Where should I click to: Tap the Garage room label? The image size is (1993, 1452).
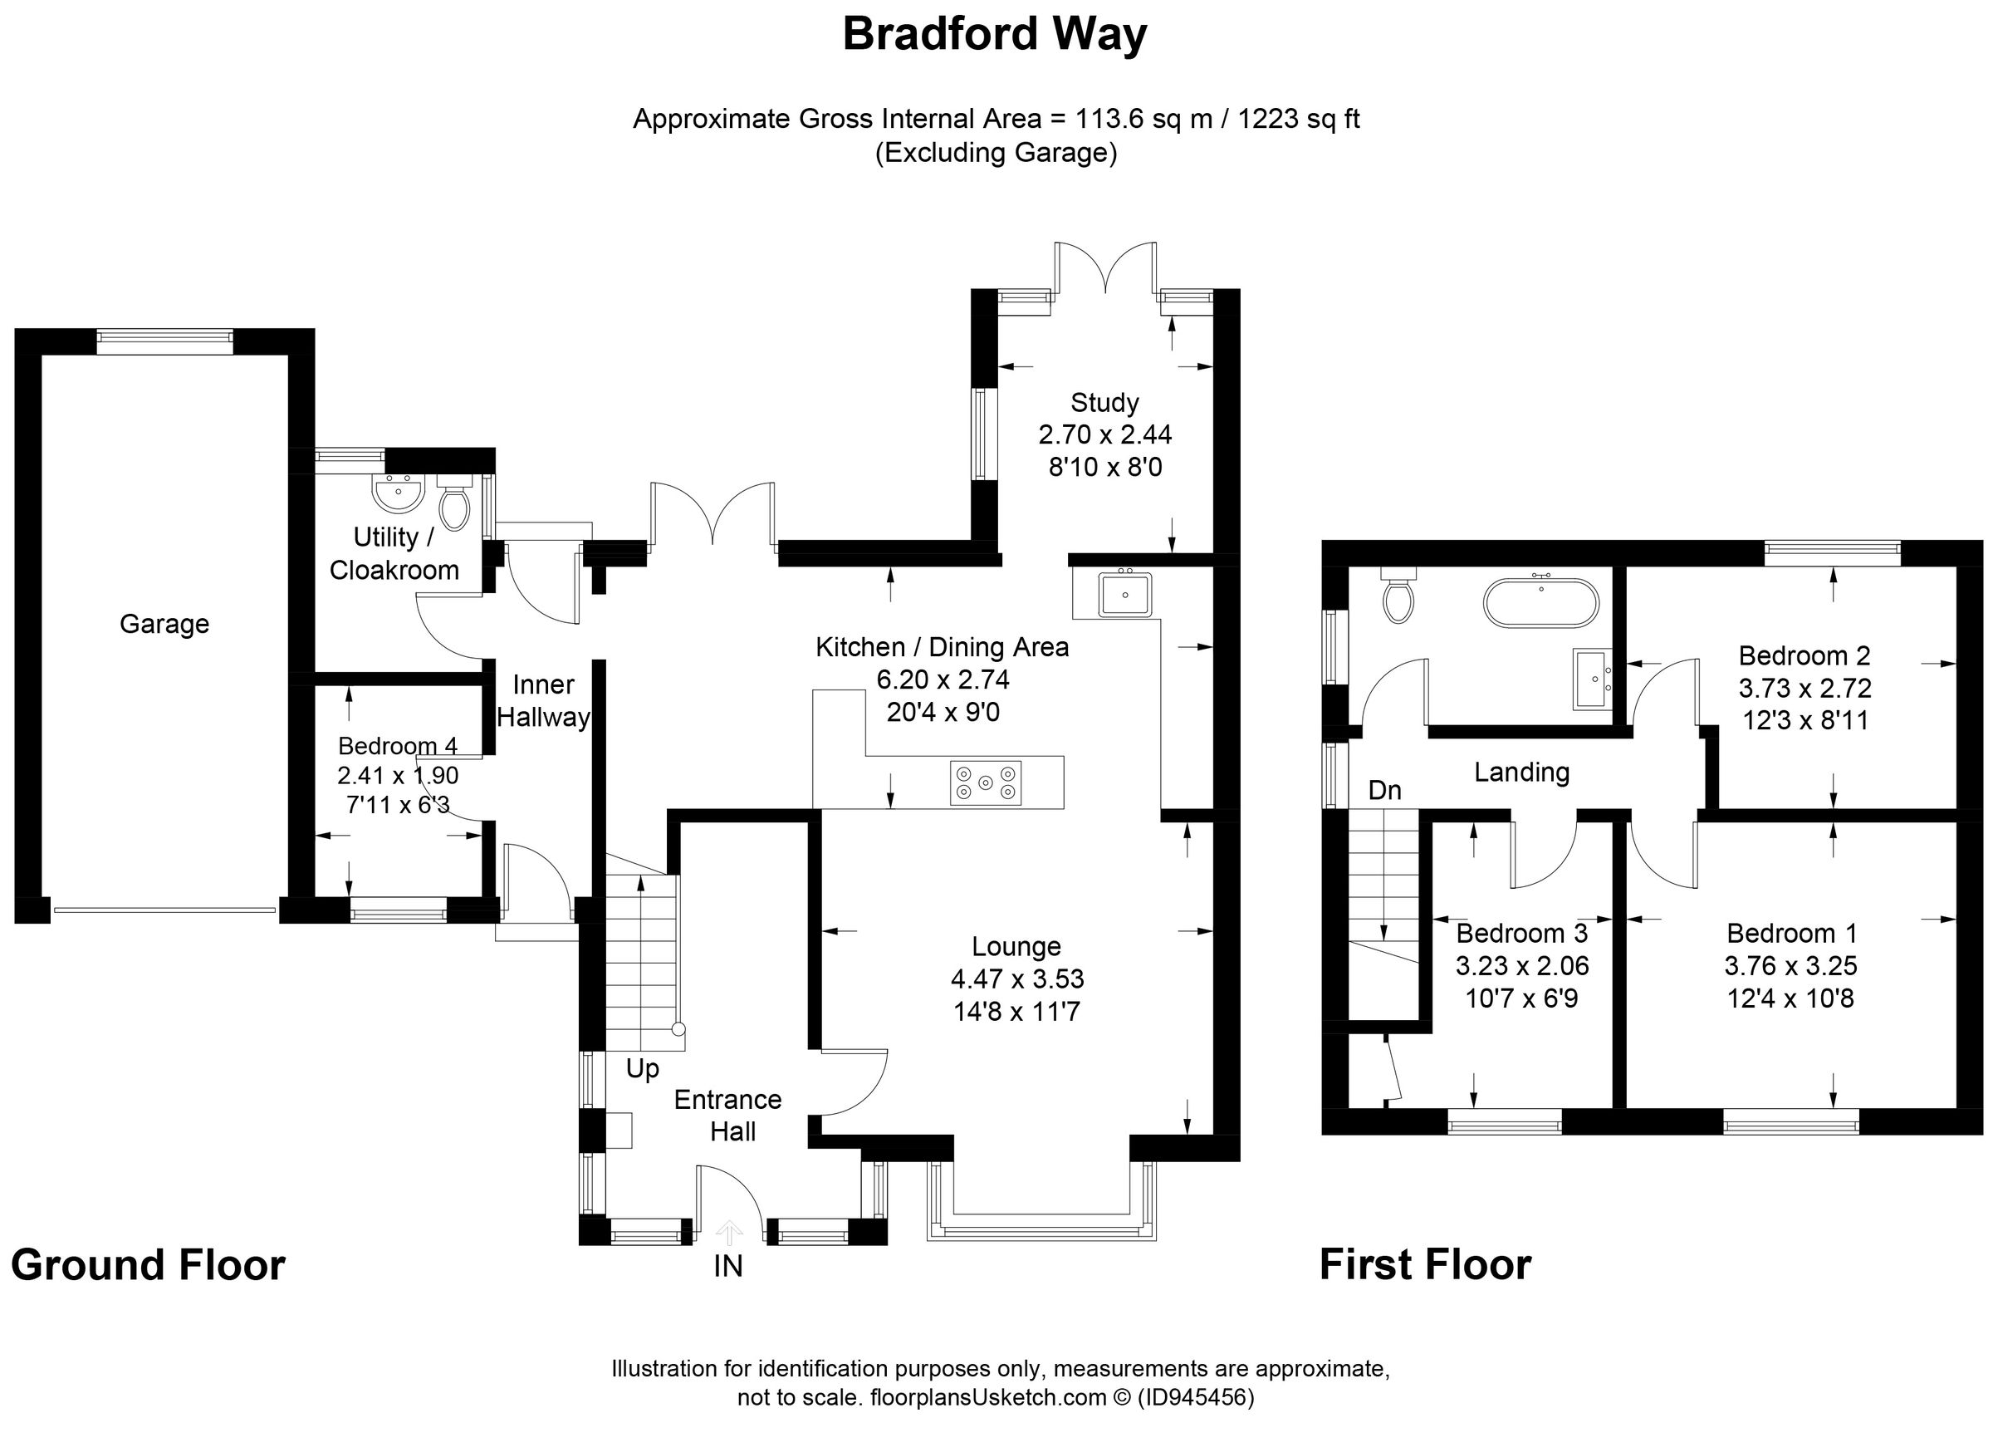click(164, 624)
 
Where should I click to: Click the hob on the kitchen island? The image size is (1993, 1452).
click(986, 782)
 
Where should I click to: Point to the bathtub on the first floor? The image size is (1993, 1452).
click(1541, 603)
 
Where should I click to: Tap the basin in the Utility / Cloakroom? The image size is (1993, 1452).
click(398, 493)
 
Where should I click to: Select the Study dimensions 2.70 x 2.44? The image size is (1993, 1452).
click(1104, 435)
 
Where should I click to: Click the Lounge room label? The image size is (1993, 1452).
click(1016, 947)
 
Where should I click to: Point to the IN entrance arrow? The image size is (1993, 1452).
click(729, 1234)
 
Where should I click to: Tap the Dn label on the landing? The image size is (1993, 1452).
click(1385, 790)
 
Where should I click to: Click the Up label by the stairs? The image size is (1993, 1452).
click(643, 1070)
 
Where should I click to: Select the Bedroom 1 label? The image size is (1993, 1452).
click(1792, 933)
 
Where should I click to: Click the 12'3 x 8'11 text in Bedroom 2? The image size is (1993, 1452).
click(1805, 721)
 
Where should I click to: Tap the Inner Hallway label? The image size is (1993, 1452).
click(543, 701)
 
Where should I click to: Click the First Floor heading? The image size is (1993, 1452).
click(1425, 1266)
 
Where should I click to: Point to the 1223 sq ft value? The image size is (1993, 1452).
click(1298, 119)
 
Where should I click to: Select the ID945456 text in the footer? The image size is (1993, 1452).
click(1196, 1397)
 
